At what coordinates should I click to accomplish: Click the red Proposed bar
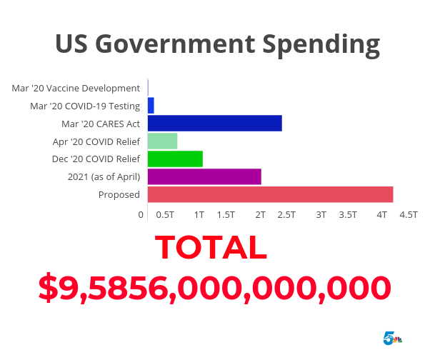click(x=270, y=194)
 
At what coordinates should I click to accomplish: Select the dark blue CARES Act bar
click(x=214, y=123)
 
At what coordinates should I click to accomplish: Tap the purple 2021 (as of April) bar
click(x=204, y=176)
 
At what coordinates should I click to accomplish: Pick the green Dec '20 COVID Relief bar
click(x=175, y=159)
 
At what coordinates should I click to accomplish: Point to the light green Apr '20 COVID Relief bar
click(x=162, y=141)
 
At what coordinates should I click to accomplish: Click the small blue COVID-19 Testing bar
click(x=151, y=105)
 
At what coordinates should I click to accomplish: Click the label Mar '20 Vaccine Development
click(x=76, y=88)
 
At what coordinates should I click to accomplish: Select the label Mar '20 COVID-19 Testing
click(x=85, y=106)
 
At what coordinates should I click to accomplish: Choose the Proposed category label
click(x=119, y=195)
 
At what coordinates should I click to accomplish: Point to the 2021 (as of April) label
click(x=104, y=177)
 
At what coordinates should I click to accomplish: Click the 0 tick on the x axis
click(x=141, y=214)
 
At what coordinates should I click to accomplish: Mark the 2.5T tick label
click(x=286, y=214)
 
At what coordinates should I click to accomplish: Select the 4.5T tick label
click(x=408, y=214)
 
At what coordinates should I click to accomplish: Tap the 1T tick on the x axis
click(x=199, y=214)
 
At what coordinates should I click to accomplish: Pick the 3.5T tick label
click(x=348, y=214)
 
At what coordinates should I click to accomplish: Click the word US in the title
click(x=71, y=44)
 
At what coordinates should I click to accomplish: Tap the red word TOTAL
click(x=211, y=247)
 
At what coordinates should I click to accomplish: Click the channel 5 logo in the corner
click(x=392, y=338)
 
